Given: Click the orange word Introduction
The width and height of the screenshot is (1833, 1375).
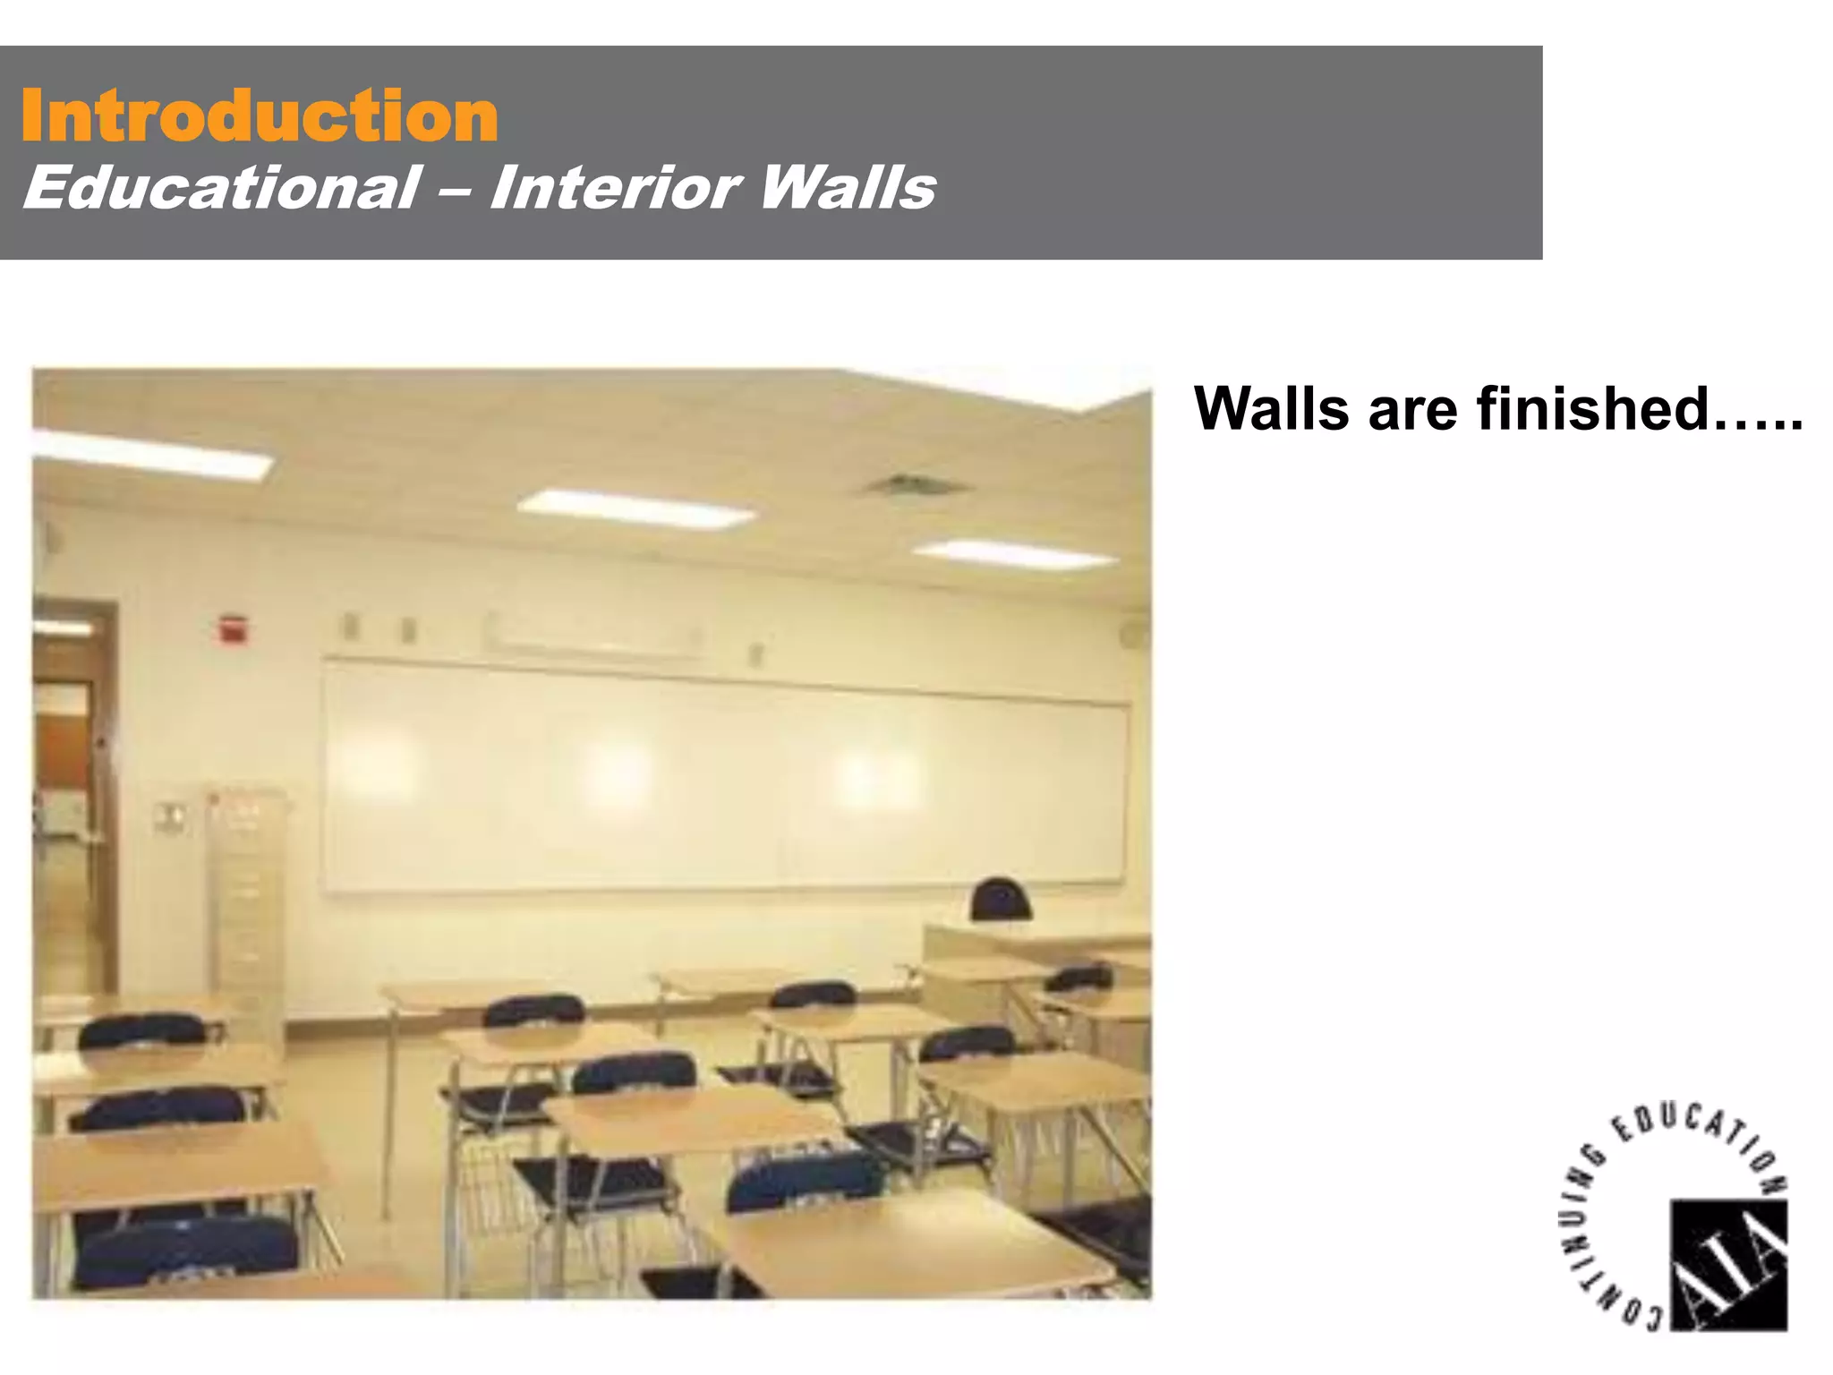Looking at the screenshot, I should [259, 116].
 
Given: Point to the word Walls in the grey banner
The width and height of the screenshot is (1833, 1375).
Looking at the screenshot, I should [847, 188].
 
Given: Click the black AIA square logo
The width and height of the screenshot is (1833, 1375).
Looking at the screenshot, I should [1728, 1264].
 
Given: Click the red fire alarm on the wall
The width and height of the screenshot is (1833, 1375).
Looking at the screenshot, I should [232, 628].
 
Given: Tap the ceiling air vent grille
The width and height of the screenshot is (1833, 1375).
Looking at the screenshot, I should [914, 487].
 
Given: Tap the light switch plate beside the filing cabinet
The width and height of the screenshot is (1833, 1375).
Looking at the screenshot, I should [171, 817].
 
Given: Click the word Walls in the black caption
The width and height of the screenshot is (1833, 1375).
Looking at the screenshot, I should [1272, 408].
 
